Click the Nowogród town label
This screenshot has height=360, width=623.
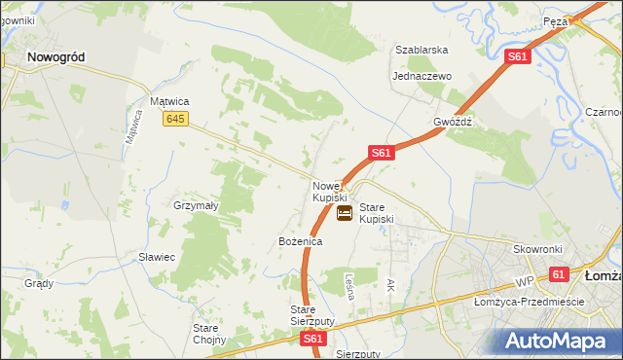(x=55, y=57)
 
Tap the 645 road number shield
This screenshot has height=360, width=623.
(x=175, y=119)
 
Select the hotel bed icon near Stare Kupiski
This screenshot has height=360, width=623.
(x=345, y=214)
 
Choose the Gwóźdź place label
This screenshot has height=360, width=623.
(x=453, y=123)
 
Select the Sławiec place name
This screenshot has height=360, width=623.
(x=156, y=257)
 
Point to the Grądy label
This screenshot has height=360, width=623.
(x=39, y=284)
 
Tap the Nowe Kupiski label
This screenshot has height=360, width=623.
(x=329, y=192)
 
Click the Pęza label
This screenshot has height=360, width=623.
(x=556, y=20)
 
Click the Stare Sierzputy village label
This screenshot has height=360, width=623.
(x=312, y=315)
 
